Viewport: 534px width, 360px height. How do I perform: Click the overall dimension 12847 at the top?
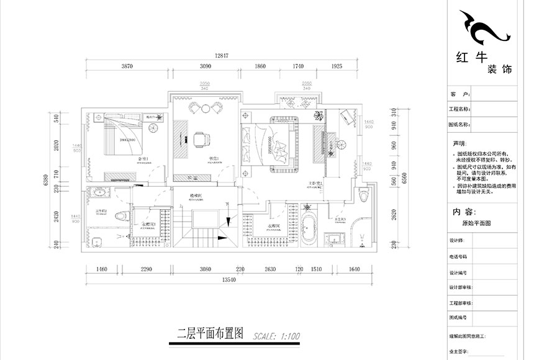pyautogui.click(x=222, y=56)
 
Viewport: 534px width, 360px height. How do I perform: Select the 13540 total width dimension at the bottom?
pyautogui.click(x=222, y=280)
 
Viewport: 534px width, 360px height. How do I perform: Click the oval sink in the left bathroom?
pyautogui.click(x=97, y=192)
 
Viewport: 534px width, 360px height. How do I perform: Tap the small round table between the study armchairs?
pyautogui.click(x=205, y=109)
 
